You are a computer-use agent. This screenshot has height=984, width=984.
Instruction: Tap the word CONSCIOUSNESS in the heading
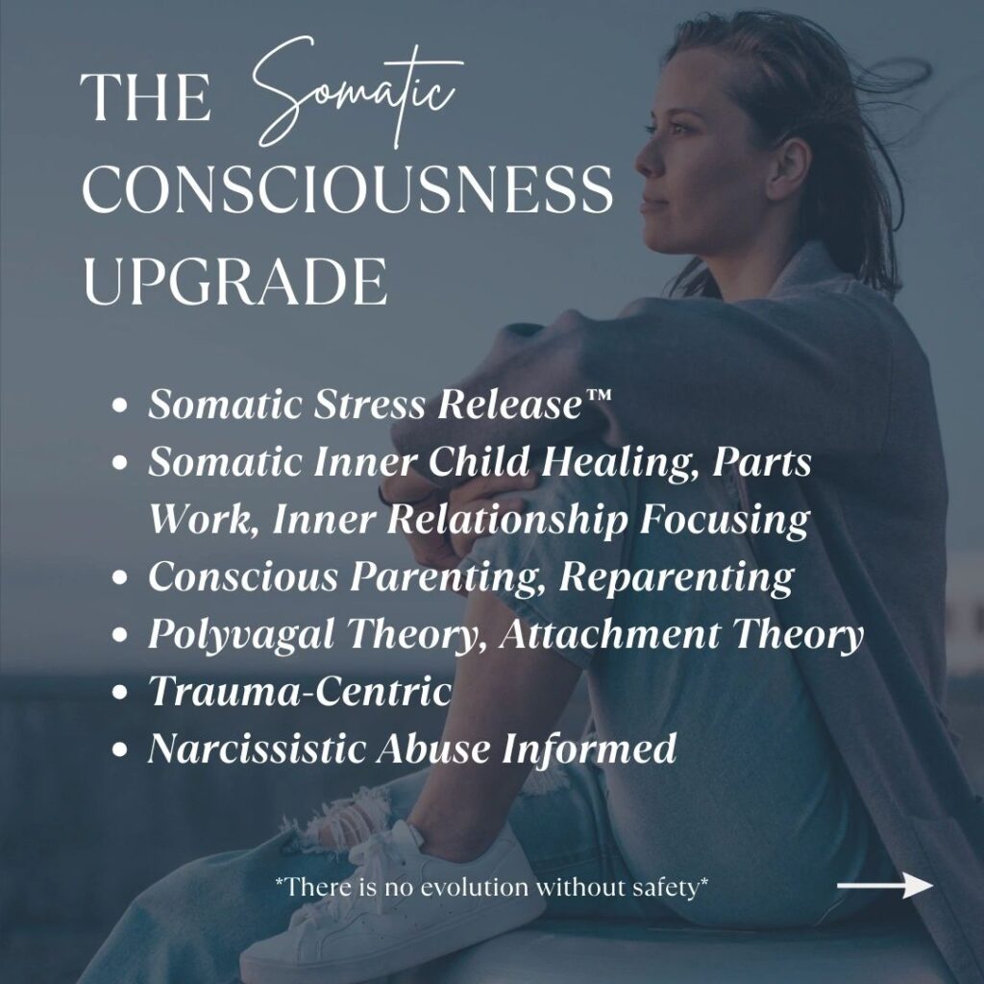[347, 189]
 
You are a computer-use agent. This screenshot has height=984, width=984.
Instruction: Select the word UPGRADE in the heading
[234, 282]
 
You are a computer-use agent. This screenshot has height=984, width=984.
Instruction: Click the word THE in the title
[145, 97]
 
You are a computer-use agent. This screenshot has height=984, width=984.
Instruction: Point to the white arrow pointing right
[885, 885]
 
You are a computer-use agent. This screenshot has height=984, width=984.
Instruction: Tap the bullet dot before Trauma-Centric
[119, 692]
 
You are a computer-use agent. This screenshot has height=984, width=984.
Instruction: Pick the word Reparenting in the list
[676, 577]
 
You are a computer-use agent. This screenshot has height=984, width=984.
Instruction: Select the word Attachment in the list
[609, 634]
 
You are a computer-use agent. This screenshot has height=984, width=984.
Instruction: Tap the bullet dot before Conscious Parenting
[119, 578]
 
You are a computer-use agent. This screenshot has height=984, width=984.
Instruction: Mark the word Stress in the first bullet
[369, 404]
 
